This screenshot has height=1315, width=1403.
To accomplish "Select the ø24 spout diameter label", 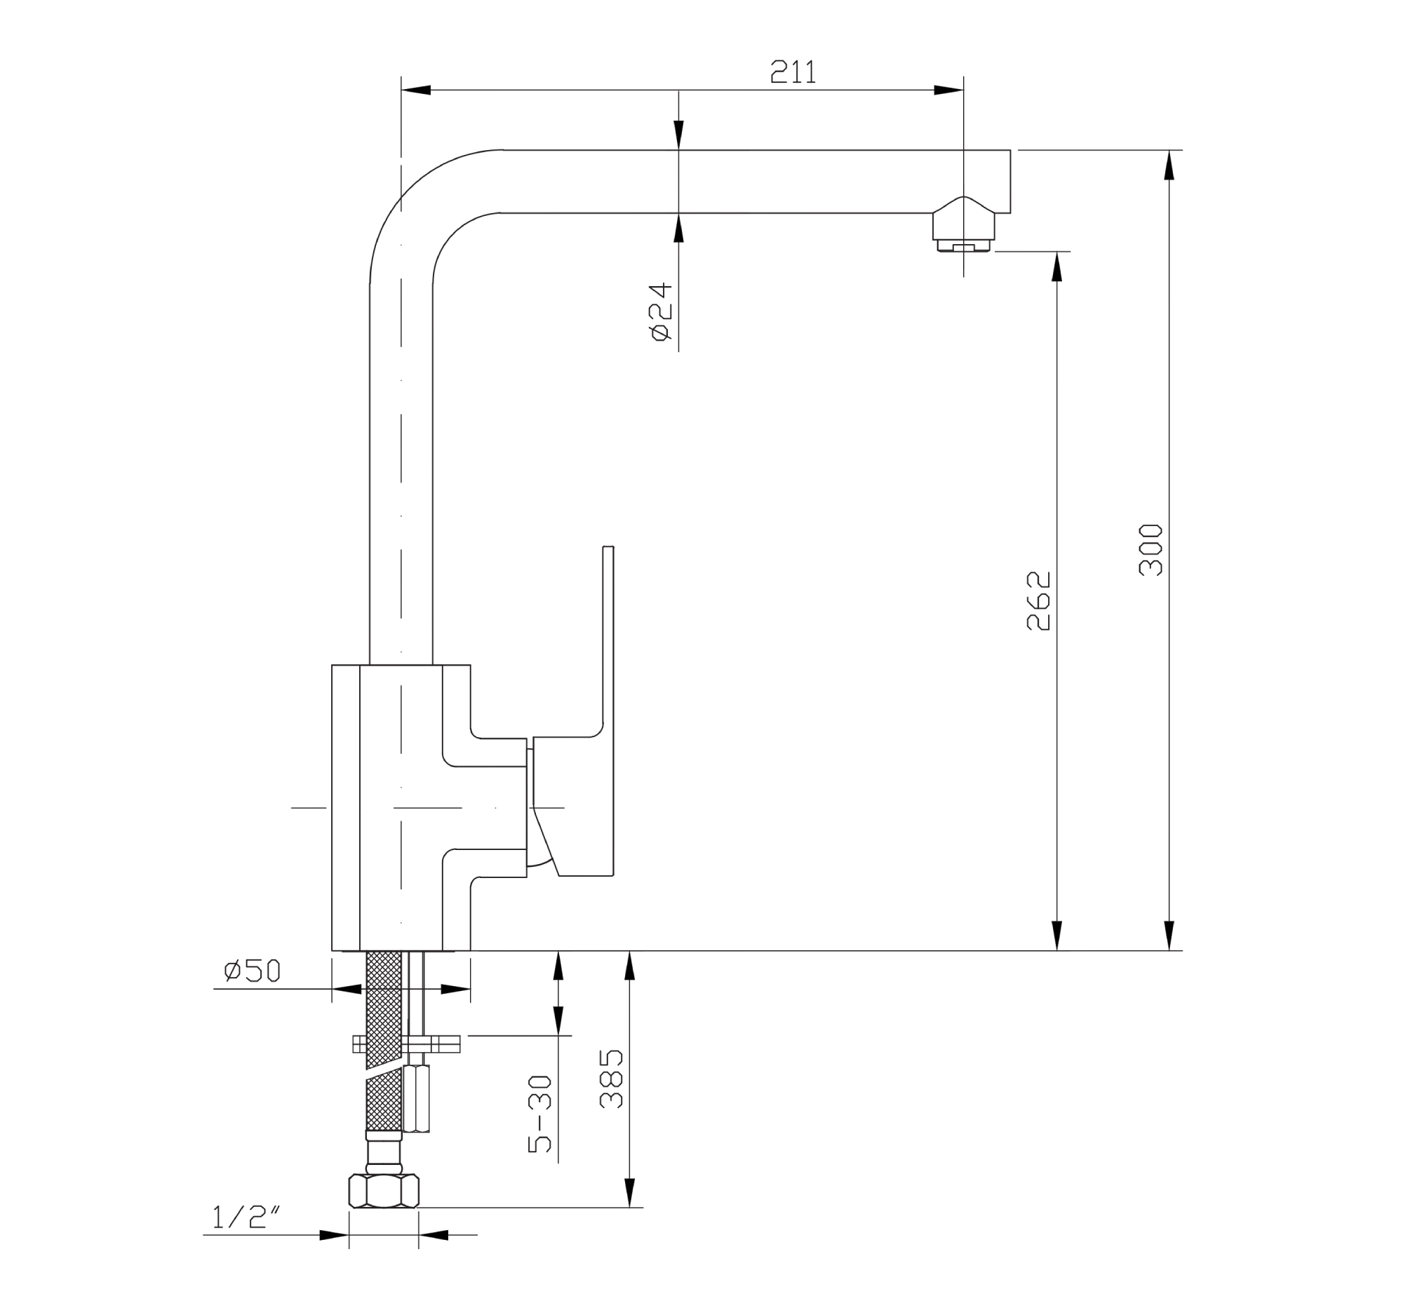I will click(662, 312).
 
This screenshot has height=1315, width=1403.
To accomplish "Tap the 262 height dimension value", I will click(1038, 600).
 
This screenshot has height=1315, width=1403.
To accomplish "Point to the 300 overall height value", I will click(1150, 551).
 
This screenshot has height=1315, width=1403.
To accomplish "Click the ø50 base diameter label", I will click(252, 971).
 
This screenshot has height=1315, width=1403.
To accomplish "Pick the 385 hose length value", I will click(611, 1079).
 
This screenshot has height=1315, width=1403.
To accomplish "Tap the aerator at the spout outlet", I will click(963, 233).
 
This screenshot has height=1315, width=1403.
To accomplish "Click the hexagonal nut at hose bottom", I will click(384, 1192).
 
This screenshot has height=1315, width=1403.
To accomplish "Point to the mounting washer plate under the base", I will click(405, 1044).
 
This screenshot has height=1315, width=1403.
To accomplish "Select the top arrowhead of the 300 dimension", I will click(1169, 166).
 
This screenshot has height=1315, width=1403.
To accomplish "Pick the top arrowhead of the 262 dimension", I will click(1056, 267).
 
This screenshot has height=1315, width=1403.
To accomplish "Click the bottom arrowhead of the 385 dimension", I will click(630, 1192).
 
